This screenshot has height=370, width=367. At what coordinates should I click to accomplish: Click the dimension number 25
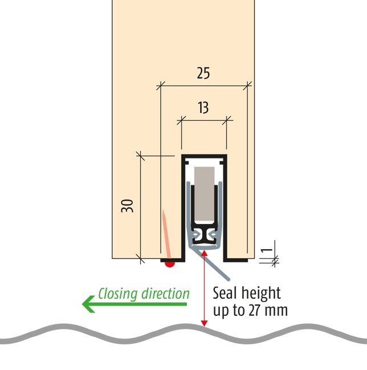click(203, 73)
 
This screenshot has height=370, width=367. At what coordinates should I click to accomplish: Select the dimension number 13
click(203, 108)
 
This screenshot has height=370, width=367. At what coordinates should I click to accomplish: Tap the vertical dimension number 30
click(127, 206)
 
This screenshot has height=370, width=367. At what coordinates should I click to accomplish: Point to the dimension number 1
click(267, 250)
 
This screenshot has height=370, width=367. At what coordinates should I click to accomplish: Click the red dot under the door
click(170, 264)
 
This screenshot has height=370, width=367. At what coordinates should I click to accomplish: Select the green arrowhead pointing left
click(88, 304)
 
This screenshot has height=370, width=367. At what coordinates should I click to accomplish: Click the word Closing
click(118, 294)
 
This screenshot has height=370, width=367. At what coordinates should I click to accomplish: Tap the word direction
click(166, 294)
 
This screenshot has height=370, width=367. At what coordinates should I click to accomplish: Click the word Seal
click(225, 293)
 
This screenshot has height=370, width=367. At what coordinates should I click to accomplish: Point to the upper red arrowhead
click(204, 253)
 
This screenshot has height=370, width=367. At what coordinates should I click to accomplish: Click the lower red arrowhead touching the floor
click(204, 323)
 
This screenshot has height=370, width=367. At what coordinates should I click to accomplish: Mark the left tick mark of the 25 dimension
click(160, 86)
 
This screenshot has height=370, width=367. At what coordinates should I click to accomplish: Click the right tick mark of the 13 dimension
click(226, 120)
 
